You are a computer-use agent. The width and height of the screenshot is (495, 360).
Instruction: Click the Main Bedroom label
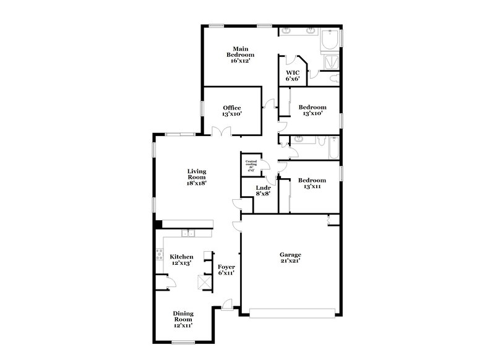click(241, 54)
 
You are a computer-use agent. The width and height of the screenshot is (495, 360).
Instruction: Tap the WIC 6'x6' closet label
click(292, 75)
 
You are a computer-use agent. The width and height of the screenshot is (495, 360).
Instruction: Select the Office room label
click(232, 111)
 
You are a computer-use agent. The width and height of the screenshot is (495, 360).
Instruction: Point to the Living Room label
click(197, 177)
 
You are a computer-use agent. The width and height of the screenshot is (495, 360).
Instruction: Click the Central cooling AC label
click(251, 165)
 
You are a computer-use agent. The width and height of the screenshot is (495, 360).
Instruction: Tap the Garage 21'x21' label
click(290, 258)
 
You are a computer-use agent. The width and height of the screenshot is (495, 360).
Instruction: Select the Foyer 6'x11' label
click(226, 269)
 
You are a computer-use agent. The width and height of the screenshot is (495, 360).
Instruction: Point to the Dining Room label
click(183, 320)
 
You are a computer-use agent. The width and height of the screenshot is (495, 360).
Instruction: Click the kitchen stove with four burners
click(158, 254)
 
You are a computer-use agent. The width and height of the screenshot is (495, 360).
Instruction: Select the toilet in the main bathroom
click(335, 79)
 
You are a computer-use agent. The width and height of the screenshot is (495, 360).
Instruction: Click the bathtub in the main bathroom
click(330, 41)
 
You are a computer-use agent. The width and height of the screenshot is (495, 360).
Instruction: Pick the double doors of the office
click(220, 132)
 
